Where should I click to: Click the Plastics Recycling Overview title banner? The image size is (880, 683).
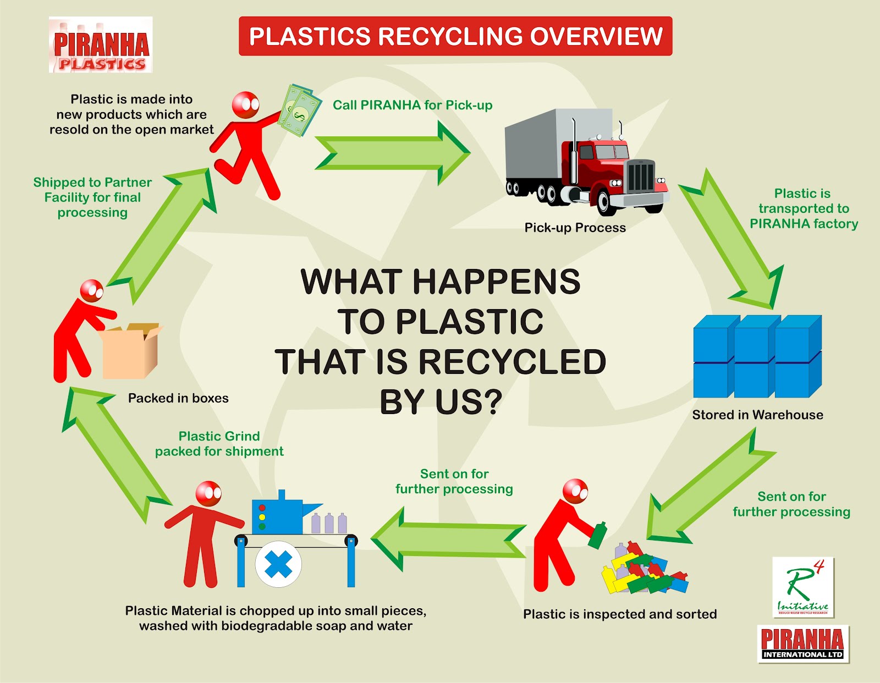coord(455,36)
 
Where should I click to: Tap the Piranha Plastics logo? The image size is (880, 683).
coord(101,45)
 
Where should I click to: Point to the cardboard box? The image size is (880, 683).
coord(130,351)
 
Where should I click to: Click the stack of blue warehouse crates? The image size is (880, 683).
coord(757,356)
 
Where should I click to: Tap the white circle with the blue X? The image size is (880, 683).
coord(278,564)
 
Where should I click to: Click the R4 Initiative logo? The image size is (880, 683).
coord(803,587)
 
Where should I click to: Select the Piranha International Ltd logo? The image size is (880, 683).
coord(803,644)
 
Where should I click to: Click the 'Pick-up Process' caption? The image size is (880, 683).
coord(575,228)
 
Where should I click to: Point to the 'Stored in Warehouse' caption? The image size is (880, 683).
coord(757,415)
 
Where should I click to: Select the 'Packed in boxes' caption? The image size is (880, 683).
coord(178,398)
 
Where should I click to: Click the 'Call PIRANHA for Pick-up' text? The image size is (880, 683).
coord(413,105)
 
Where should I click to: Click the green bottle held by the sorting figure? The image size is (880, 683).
coord(597,535)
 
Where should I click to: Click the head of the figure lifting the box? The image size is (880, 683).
coord(91,290)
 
